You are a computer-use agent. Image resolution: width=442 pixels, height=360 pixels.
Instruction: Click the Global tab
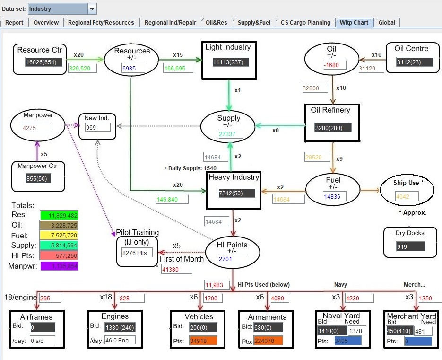tap(387, 22)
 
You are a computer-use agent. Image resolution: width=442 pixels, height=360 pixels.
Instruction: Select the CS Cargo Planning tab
tap(305, 22)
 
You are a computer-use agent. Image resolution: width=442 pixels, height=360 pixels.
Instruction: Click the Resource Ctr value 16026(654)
tap(44, 62)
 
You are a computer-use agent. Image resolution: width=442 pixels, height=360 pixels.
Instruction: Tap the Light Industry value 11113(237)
tap(230, 62)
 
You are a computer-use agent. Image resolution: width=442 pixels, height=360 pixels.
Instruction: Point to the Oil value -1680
tap(334, 65)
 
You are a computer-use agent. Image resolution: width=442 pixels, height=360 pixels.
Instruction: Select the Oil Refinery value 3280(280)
tap(333, 128)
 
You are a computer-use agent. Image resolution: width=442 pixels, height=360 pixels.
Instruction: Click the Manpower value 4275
tap(36, 127)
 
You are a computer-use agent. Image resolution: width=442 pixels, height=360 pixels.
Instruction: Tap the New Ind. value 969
tap(97, 127)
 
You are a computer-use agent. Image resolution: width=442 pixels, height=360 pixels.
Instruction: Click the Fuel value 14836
tap(335, 196)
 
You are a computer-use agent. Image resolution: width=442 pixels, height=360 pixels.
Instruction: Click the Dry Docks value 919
tap(410, 246)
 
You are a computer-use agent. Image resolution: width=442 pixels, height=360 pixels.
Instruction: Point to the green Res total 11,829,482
tap(59, 216)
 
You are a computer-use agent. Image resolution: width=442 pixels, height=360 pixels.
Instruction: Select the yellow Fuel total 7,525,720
tap(59, 236)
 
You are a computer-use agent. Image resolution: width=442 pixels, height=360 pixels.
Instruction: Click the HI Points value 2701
tap(233, 259)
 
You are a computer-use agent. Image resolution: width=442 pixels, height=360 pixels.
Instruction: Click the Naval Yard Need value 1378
tap(357, 331)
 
